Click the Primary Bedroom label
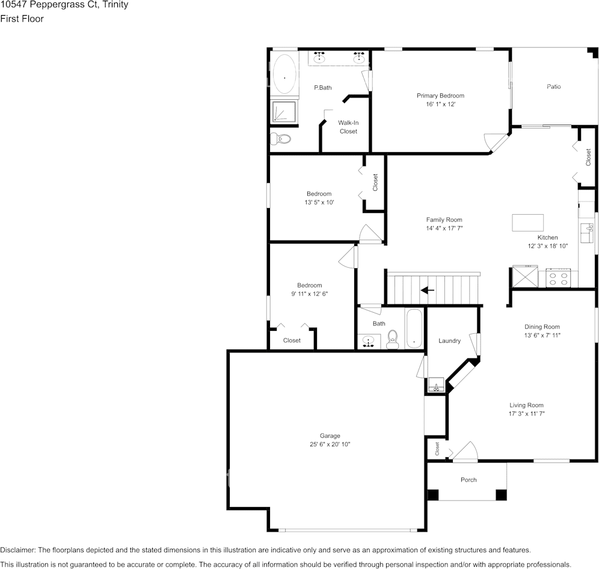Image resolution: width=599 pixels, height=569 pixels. (440, 96)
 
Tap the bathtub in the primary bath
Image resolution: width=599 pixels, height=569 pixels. (284, 74)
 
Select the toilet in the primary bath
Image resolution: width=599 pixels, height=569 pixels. (281, 139)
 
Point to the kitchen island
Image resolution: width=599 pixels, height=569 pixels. (527, 223)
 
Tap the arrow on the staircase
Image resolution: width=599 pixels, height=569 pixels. (428, 291)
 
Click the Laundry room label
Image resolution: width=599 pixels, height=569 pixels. (449, 341)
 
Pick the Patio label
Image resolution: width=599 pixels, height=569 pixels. (553, 87)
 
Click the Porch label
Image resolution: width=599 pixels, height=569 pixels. (468, 480)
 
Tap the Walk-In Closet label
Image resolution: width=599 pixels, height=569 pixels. (348, 127)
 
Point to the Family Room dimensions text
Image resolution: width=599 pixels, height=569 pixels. (444, 228)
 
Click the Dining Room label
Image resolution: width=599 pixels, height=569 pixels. (542, 327)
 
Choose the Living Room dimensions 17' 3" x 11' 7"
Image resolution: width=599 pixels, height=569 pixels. (526, 413)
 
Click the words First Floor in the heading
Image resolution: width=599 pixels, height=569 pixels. (22, 19)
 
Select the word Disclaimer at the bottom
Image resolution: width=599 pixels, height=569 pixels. (17, 550)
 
